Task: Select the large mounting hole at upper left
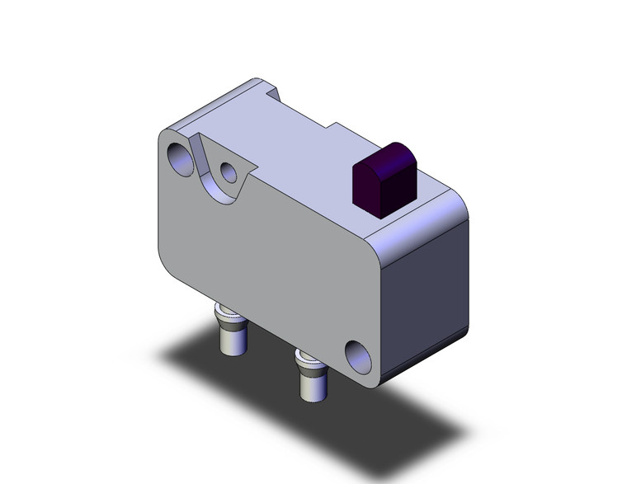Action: [x=181, y=158]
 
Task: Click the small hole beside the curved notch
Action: [x=229, y=172]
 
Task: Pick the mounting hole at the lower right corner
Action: [x=358, y=355]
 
